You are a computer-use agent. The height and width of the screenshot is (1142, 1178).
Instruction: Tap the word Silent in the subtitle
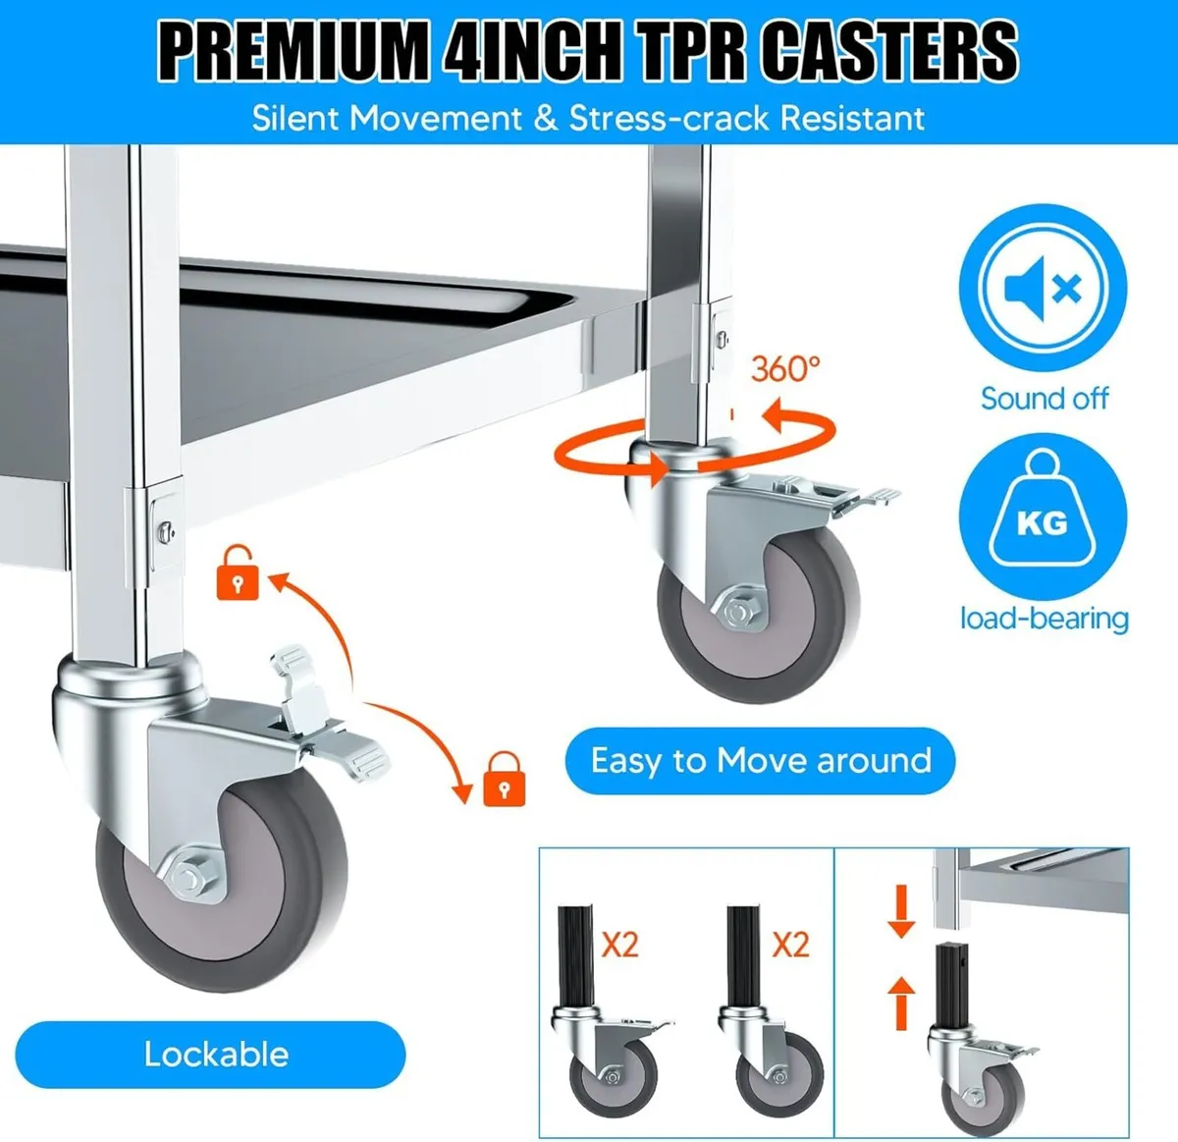click(298, 119)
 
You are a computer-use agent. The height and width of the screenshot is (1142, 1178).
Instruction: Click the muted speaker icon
click(1043, 289)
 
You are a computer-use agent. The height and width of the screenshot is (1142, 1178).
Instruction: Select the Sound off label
click(1044, 399)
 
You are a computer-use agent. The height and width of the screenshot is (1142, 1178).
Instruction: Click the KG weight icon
click(1042, 517)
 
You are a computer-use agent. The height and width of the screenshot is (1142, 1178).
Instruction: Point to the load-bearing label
click(1044, 619)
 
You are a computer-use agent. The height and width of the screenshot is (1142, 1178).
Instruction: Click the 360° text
click(784, 369)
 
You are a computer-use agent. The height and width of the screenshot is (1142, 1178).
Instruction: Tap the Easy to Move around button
click(760, 761)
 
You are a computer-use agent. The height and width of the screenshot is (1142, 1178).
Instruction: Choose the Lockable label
click(215, 1055)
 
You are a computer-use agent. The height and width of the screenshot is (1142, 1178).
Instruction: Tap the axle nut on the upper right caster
click(736, 613)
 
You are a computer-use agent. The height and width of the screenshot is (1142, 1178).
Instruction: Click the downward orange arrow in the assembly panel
click(901, 910)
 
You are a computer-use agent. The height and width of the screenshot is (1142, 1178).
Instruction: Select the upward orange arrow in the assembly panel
click(901, 1002)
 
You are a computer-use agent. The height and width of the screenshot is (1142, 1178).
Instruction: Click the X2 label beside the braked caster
click(619, 946)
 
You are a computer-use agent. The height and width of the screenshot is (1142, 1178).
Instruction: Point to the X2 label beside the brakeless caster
click(790, 946)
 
